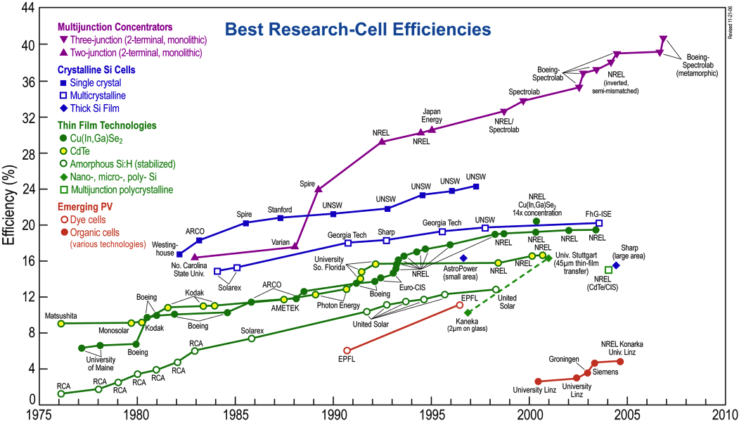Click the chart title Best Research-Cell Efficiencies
(x=357, y=30)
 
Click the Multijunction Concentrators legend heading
(x=116, y=27)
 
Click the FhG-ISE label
(x=598, y=213)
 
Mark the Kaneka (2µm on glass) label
(x=467, y=325)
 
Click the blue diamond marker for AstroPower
(x=463, y=258)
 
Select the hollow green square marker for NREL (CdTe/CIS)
(x=609, y=270)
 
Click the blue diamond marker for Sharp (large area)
(x=616, y=265)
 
